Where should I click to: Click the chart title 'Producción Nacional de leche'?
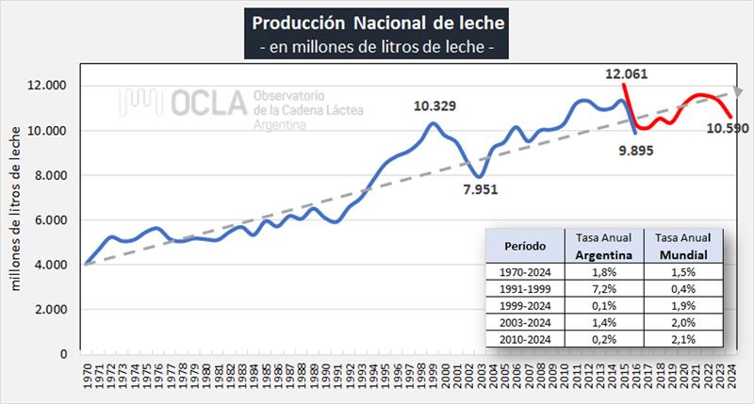[x=378, y=21]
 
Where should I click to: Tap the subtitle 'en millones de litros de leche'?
[x=378, y=43]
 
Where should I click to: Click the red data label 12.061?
[x=631, y=73]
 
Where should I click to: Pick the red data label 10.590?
[x=726, y=127]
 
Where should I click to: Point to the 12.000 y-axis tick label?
[x=45, y=86]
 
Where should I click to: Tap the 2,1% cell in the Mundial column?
[x=684, y=339]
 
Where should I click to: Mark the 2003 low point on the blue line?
[x=480, y=176]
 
